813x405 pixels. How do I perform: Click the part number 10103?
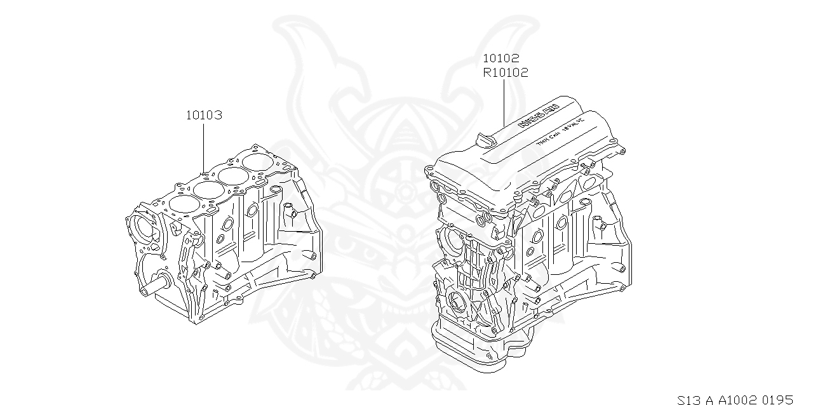click(x=204, y=116)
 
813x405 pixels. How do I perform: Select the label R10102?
click(x=506, y=72)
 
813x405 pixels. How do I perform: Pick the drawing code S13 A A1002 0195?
click(x=735, y=400)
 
